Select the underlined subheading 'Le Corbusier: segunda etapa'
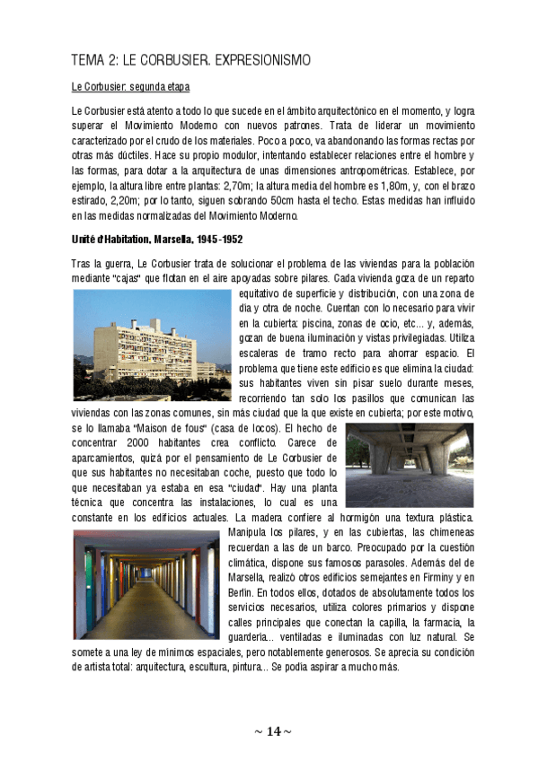click(x=130, y=87)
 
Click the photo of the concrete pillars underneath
click(x=410, y=467)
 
